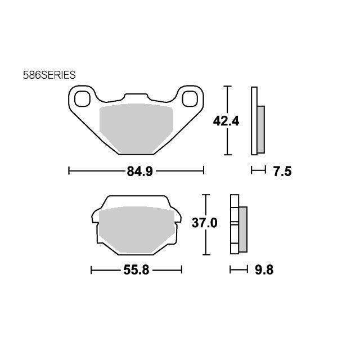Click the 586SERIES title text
pyautogui.click(x=49, y=75)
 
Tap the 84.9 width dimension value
pyautogui.click(x=139, y=171)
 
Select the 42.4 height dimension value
pyautogui.click(x=226, y=121)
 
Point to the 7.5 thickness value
pyautogui.click(x=282, y=172)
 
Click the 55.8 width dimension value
pyautogui.click(x=136, y=270)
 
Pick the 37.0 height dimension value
pyautogui.click(x=204, y=223)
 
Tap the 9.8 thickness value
pyautogui.click(x=264, y=270)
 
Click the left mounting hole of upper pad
pyautogui.click(x=83, y=99)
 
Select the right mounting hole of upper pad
pyautogui.click(x=190, y=99)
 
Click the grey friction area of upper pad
pyautogui.click(x=136, y=129)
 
